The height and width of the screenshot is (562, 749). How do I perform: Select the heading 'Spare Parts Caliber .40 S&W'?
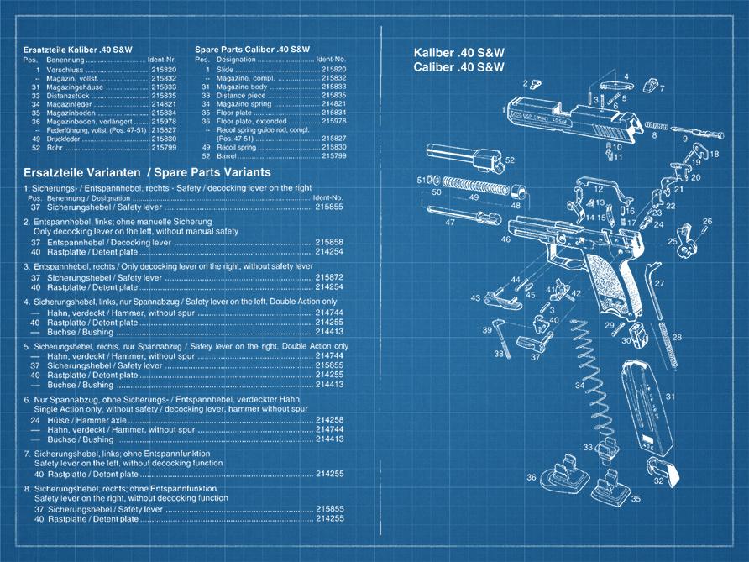(252, 50)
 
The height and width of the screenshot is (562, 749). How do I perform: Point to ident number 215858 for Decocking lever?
(329, 242)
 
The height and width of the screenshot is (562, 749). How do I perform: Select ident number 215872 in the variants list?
(329, 277)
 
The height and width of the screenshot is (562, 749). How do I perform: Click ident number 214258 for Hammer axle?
(329, 419)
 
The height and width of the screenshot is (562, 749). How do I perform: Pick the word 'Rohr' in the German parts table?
(52, 147)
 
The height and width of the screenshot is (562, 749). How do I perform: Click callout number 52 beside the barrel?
(510, 160)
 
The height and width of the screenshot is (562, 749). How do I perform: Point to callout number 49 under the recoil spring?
(474, 197)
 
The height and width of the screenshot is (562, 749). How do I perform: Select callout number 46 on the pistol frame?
(505, 239)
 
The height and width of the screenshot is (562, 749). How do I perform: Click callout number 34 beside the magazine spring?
(579, 385)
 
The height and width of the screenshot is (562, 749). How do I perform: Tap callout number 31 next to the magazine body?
(669, 397)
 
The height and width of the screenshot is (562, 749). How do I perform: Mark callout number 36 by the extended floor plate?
(531, 477)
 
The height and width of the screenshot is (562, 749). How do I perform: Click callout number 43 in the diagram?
(475, 297)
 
